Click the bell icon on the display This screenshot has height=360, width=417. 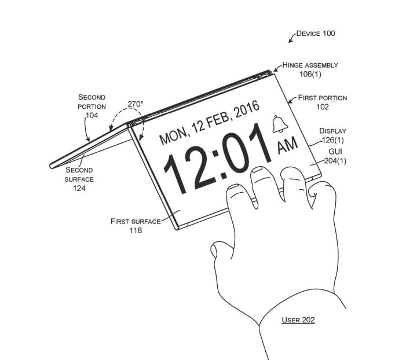280,124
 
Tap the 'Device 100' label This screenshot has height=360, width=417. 316,34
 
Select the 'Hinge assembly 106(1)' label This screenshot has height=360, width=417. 310,69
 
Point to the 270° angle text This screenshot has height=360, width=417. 136,104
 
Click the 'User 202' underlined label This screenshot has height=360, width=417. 298,319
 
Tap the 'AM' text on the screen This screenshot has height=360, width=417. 287,145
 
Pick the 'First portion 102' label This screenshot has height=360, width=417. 323,102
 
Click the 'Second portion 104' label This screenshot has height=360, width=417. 92,106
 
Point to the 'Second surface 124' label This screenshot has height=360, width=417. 79,179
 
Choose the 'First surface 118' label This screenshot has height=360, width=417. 136,226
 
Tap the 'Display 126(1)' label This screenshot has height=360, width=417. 332,135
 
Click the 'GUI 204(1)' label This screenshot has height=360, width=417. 335,156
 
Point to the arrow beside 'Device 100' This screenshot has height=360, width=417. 292,37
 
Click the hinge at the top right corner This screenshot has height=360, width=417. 265,75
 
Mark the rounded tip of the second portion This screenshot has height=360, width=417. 52,166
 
